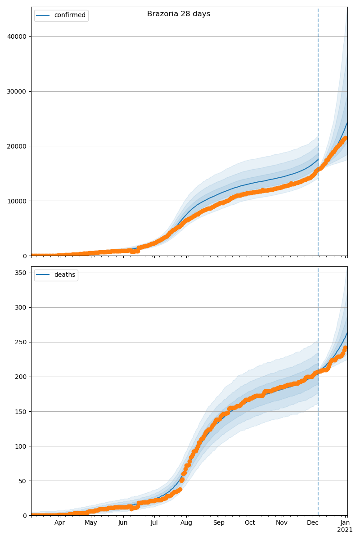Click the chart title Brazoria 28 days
coord(179,14)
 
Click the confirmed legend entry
coord(69,15)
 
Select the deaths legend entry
coord(64,275)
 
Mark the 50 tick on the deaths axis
coord(23,481)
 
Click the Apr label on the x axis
coord(59,523)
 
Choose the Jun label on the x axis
coord(123,523)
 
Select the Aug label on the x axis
coord(186,523)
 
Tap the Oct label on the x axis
coord(250,523)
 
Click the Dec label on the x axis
coord(313,523)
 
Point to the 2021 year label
coord(345,530)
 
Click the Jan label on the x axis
coord(345,523)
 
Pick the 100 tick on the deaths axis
coord(22,446)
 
